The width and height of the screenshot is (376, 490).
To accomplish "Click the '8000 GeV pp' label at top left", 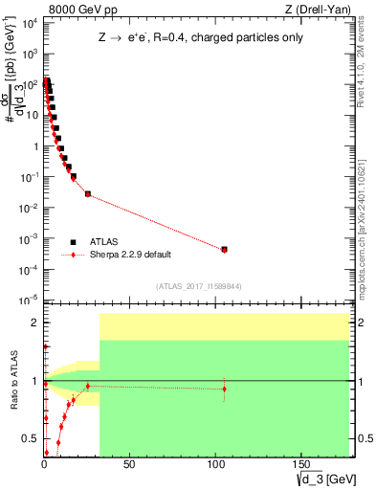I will (x=77, y=9).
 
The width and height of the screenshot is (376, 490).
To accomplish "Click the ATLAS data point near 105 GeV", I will (x=224, y=249).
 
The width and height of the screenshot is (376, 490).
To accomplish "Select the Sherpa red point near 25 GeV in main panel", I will (x=88, y=194).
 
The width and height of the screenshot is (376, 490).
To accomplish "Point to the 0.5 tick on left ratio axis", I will (x=33, y=439).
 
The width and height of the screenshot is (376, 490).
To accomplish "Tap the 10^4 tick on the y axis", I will (x=30, y=23).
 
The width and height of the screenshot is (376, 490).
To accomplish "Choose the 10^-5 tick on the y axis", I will (x=30, y=301).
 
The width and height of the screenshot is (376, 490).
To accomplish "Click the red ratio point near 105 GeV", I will (x=224, y=389).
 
